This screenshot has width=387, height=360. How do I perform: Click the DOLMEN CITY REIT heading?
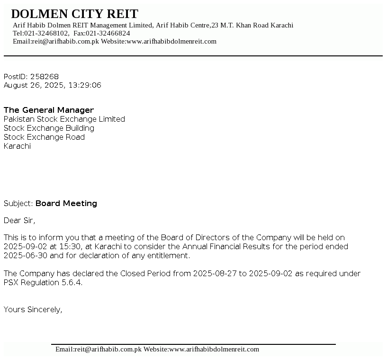(74, 14)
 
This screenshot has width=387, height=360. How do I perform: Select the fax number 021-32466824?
(108, 33)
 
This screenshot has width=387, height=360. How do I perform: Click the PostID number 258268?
(45, 77)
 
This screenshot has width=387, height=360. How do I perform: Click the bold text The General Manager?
(49, 110)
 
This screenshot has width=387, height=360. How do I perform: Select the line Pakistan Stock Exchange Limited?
(64, 119)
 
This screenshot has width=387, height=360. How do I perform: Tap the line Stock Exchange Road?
(44, 137)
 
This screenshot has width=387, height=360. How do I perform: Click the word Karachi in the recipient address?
(17, 146)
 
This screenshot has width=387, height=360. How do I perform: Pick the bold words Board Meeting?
(66, 204)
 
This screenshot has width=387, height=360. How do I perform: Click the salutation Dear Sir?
(19, 221)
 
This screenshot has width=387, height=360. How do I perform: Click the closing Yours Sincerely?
(33, 310)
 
